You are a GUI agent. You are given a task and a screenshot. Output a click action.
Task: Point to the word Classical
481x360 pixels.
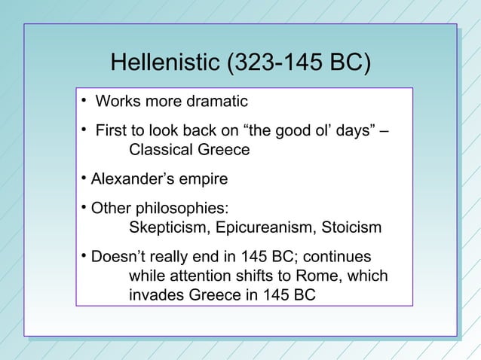tap(162, 150)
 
